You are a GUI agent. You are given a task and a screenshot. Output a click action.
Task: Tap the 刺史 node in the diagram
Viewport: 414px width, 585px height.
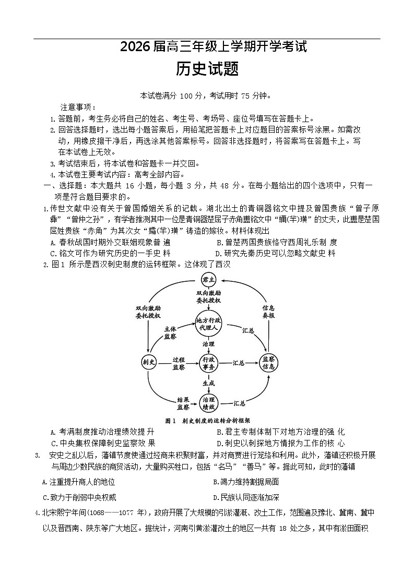click(x=148, y=362)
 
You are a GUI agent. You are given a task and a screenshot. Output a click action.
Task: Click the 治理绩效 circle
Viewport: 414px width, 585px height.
click(x=209, y=401)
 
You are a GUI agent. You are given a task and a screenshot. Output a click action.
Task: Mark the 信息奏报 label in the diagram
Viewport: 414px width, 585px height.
click(x=269, y=312)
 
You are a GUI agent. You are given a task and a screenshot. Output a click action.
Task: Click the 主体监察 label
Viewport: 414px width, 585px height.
click(x=170, y=333)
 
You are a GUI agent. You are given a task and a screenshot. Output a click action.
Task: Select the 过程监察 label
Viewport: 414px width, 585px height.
click(x=179, y=363)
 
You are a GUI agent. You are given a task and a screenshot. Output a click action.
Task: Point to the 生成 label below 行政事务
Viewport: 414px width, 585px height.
click(x=209, y=383)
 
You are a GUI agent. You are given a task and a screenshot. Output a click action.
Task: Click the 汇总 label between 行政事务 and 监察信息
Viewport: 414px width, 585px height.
click(x=239, y=363)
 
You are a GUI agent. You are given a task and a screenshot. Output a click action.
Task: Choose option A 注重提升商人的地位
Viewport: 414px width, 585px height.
click(x=79, y=482)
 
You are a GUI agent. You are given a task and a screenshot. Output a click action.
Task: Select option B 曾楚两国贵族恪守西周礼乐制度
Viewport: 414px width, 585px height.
click(x=277, y=242)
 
